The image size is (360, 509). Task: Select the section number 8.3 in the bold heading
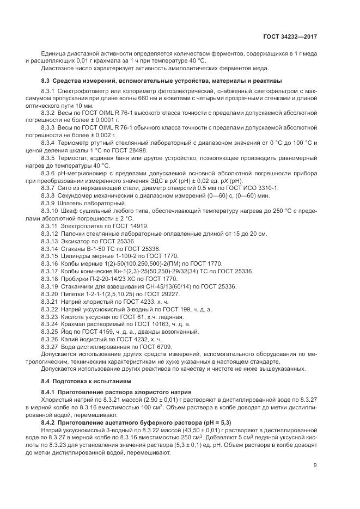[46, 81]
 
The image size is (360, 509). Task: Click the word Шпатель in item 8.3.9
[71, 203]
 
